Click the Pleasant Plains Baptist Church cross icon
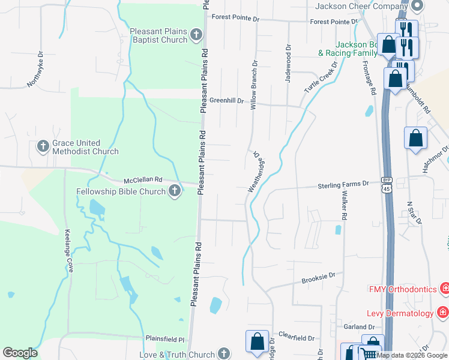pyautogui.click(x=196, y=35)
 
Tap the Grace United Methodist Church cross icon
pyautogui.click(x=43, y=146)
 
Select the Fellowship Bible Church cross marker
pyautogui.click(x=174, y=191)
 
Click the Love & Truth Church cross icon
pyautogui.click(x=224, y=354)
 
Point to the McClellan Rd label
pyautogui.click(x=143, y=179)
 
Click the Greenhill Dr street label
pyautogui.click(x=226, y=101)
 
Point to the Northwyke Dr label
pyautogui.click(x=35, y=70)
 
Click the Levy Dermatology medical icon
pyautogui.click(x=442, y=313)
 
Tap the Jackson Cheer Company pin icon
pyautogui.click(x=418, y=6)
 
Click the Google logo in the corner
pyautogui.click(x=20, y=353)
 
